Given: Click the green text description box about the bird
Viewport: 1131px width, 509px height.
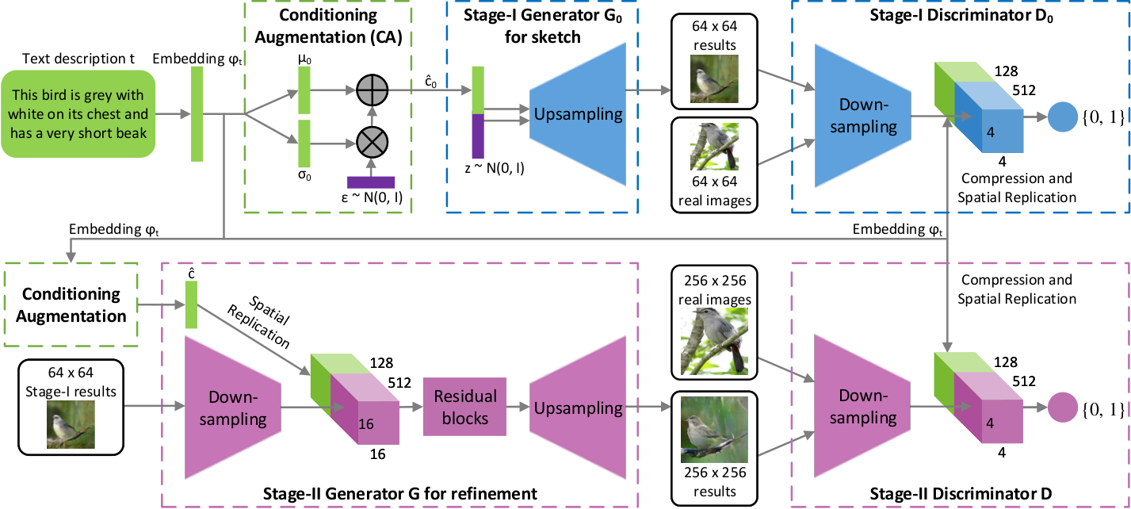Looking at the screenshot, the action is tap(78, 113).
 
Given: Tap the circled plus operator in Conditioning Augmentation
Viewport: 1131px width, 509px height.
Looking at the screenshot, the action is tap(373, 90).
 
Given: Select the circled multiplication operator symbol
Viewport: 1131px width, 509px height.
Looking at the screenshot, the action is tap(373, 143).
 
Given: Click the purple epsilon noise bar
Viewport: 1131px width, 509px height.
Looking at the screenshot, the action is tap(371, 182).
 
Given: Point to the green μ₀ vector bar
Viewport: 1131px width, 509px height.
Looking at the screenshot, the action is tap(304, 90).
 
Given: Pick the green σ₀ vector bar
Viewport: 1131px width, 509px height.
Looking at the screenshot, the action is tap(304, 144).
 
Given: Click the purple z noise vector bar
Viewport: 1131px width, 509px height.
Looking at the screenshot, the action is tap(478, 136).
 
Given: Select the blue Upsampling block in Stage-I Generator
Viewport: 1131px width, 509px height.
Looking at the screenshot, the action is tap(578, 114).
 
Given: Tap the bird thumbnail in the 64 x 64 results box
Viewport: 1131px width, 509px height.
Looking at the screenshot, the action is tap(714, 78).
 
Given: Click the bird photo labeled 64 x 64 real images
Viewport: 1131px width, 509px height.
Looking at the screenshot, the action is tap(714, 147).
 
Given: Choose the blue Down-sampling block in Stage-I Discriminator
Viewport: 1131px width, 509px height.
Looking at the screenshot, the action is tap(863, 116).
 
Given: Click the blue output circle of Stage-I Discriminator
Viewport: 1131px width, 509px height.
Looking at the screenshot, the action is tap(1062, 117).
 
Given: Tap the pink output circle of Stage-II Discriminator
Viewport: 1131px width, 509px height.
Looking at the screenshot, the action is tap(1062, 408).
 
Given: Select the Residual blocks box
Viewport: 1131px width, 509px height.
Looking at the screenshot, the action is tap(464, 407).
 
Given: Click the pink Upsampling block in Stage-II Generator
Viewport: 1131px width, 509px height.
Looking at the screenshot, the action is tap(578, 408).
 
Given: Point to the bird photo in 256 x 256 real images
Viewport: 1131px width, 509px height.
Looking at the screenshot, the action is tap(714, 342).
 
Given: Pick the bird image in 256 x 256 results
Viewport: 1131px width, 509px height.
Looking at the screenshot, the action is tap(714, 430).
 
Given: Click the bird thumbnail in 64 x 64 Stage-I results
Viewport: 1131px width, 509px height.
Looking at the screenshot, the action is tap(71, 425).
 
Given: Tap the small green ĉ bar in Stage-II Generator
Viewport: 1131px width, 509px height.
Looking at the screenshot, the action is tap(191, 305).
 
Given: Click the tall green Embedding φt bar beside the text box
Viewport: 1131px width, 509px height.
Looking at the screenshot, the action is tap(197, 114).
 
